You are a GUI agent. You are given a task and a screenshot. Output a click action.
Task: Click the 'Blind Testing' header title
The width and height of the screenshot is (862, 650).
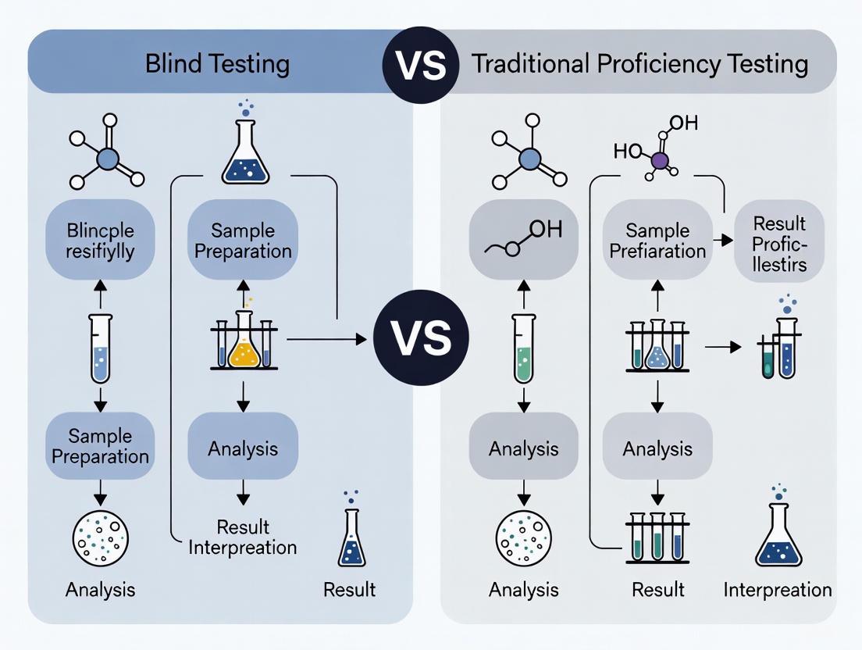217,63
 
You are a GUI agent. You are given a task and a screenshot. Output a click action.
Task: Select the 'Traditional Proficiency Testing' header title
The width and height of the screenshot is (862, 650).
639,63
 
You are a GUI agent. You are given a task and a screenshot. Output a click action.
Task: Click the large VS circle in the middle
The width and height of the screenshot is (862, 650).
420,338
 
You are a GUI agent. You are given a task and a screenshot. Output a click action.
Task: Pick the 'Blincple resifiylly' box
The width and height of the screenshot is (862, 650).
100,240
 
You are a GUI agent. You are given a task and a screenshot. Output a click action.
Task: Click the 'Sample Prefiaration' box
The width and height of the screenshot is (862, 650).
657,240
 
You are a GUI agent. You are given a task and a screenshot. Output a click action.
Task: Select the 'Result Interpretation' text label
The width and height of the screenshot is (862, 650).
242,536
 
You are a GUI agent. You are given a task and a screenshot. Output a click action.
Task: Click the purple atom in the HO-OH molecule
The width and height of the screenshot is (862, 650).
660,161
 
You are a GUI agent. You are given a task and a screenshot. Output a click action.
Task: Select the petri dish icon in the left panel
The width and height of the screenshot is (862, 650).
100,537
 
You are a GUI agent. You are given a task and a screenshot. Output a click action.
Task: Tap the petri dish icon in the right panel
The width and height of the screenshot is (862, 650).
523,537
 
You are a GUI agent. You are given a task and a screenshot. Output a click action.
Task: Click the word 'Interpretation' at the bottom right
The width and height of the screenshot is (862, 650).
777,589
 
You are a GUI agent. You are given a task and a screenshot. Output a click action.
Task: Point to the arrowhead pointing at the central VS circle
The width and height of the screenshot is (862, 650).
360,339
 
